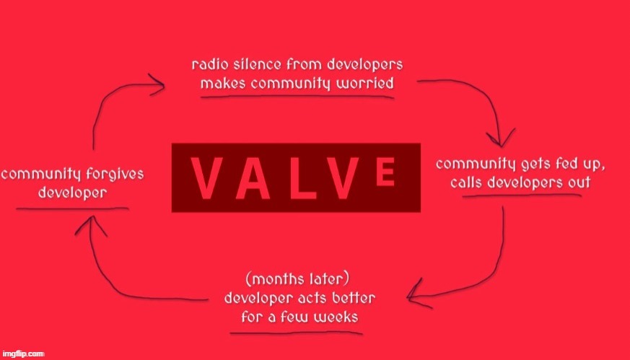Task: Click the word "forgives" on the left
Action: point(113,175)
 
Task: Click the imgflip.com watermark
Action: point(23,354)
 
